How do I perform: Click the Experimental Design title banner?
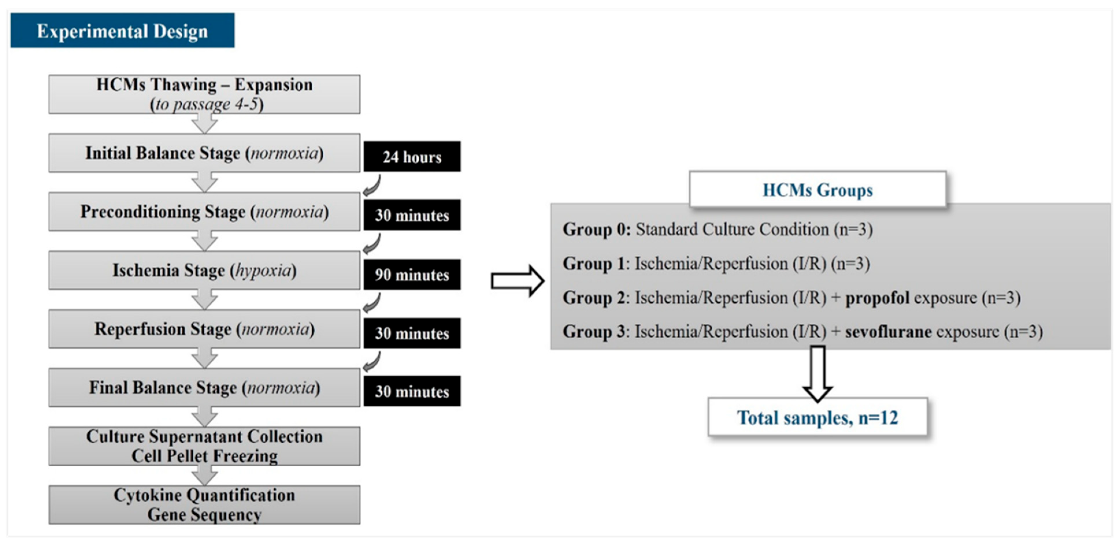(x=122, y=30)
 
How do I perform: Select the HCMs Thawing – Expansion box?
(x=204, y=94)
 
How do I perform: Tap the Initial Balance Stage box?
(x=204, y=153)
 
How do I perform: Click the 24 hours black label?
(x=412, y=157)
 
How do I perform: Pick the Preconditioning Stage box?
(x=204, y=212)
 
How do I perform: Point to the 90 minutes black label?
(x=412, y=275)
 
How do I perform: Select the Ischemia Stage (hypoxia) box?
(x=204, y=270)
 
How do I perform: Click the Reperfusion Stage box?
(x=204, y=329)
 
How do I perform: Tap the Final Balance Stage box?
(x=204, y=387)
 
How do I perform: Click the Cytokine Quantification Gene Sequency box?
(x=204, y=504)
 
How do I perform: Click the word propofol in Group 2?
(x=877, y=298)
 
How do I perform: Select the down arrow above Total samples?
(x=817, y=373)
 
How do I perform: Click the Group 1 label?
(x=594, y=264)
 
